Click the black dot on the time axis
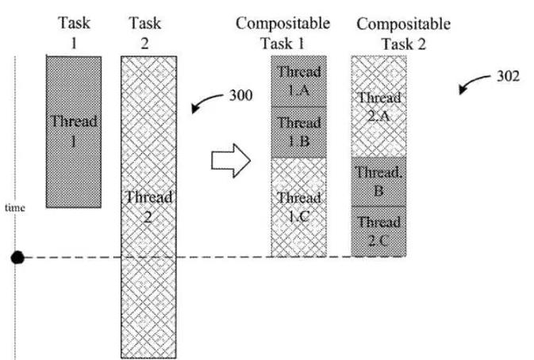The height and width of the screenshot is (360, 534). coord(17,258)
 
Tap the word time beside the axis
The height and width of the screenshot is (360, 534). coord(15,208)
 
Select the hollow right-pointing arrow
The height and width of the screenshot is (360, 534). coord(231,160)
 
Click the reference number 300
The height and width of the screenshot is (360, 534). coord(240,95)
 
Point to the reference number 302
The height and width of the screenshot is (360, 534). coord(508,76)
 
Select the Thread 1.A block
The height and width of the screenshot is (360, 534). coord(298,82)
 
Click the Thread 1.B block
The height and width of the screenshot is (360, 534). coord(298,132)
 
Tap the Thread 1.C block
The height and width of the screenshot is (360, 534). coord(298,207)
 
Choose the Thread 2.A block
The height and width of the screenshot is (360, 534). coord(378,106)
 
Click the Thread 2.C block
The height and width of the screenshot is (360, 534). coord(378,232)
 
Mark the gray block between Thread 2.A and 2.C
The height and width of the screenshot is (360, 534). coord(378,182)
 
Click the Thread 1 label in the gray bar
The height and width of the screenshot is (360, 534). coord(74,131)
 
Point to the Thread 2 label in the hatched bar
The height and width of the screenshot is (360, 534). coord(148,206)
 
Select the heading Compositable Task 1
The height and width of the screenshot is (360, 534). coord(282,33)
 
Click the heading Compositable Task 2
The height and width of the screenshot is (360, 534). coord(404,33)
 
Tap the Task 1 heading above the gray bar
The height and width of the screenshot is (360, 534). coord(74,33)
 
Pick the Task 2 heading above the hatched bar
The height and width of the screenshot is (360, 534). coord(144,33)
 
